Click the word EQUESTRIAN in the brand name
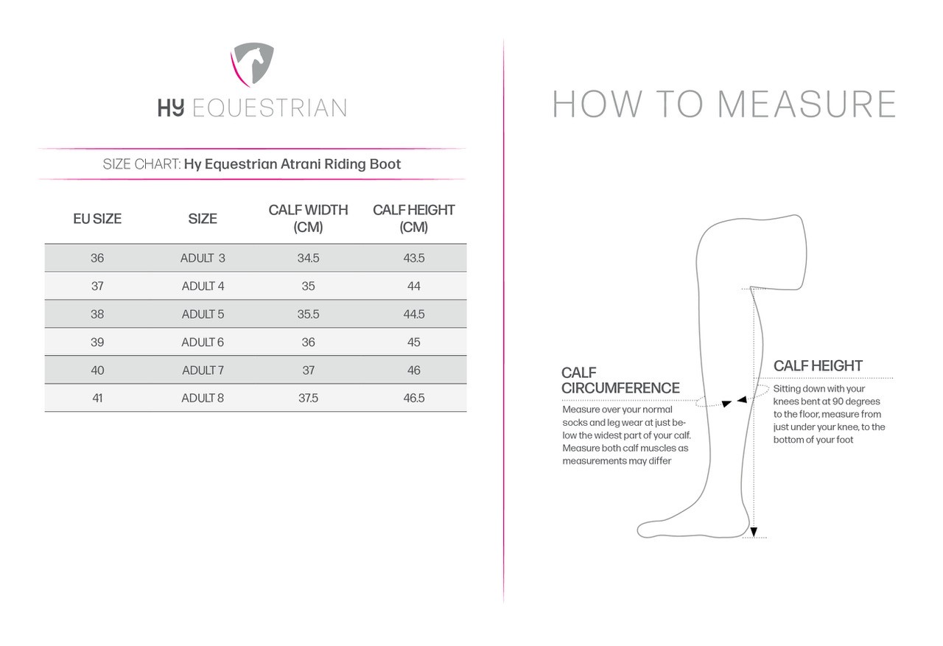point(269,108)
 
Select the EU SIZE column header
point(97,219)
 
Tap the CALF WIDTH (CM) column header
point(308,219)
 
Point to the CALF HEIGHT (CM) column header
point(413,219)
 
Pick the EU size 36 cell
point(97,259)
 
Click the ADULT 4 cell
point(203,287)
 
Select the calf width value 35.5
point(308,315)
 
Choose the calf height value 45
point(413,343)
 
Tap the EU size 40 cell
point(97,371)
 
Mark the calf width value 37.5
point(308,399)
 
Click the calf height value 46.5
point(413,399)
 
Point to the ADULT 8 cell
point(203,399)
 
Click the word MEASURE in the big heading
point(806,105)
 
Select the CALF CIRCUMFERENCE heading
point(620,381)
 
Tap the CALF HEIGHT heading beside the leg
point(818,366)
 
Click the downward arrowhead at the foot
point(753,532)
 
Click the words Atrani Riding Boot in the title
point(340,164)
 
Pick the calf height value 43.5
point(413,259)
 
